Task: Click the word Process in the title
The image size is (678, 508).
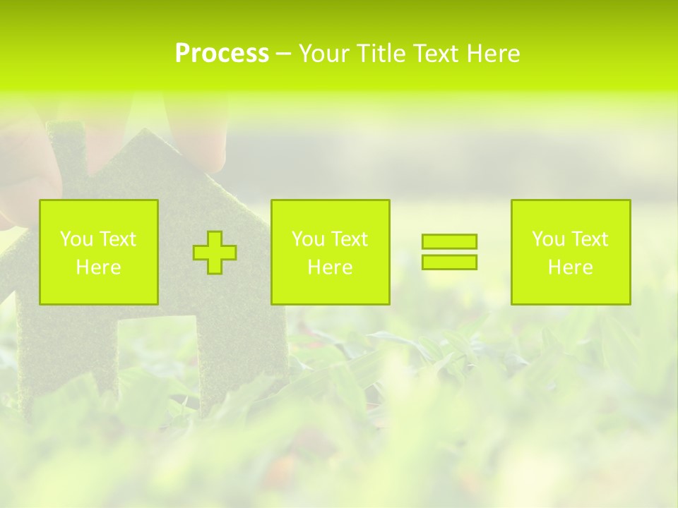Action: [222, 54]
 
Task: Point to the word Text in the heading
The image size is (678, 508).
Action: [436, 54]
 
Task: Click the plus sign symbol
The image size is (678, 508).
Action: [215, 253]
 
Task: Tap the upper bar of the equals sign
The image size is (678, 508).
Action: [449, 241]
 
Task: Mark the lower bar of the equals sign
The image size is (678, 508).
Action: [449, 262]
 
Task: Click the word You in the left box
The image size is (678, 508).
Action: [77, 239]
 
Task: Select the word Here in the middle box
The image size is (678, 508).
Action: [330, 267]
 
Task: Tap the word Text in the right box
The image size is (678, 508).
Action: [590, 239]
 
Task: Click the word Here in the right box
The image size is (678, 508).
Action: [571, 267]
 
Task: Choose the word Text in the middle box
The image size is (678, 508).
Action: [350, 239]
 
